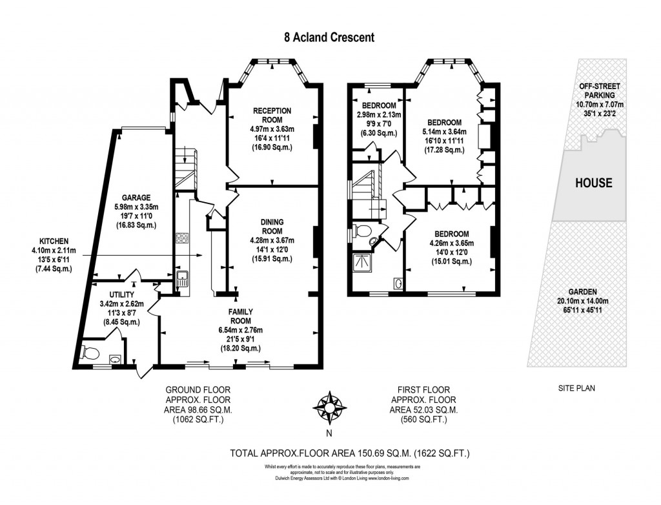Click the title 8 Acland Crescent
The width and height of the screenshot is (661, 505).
[329, 37]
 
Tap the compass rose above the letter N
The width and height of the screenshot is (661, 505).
[329, 406]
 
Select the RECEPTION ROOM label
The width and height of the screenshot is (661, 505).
[272, 115]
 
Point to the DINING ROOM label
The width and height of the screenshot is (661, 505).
[272, 226]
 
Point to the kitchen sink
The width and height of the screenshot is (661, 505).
[182, 279]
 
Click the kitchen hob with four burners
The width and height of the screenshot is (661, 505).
[181, 238]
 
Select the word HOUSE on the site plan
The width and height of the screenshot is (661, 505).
[593, 183]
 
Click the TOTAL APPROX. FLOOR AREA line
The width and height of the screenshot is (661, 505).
[350, 454]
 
